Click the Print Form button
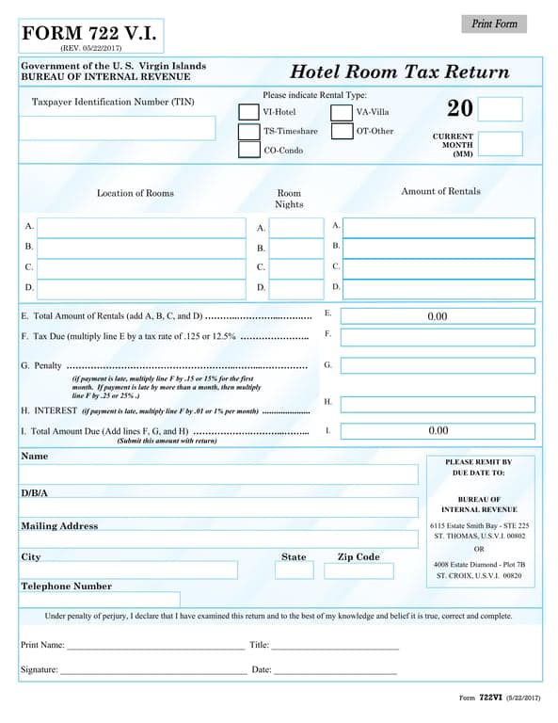[494, 24]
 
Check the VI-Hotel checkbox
[248, 112]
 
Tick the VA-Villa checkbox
[342, 112]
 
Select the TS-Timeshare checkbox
[248, 132]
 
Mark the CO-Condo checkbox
[248, 151]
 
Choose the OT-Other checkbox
[342, 132]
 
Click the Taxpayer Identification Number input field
[118, 128]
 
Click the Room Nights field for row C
[296, 267]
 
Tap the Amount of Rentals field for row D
[439, 288]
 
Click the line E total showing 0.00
[438, 316]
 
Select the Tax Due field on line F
[438, 337]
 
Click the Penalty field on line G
[438, 366]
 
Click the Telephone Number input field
[100, 600]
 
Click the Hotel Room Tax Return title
[399, 72]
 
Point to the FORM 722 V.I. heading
[89, 35]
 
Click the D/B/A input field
[218, 507]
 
